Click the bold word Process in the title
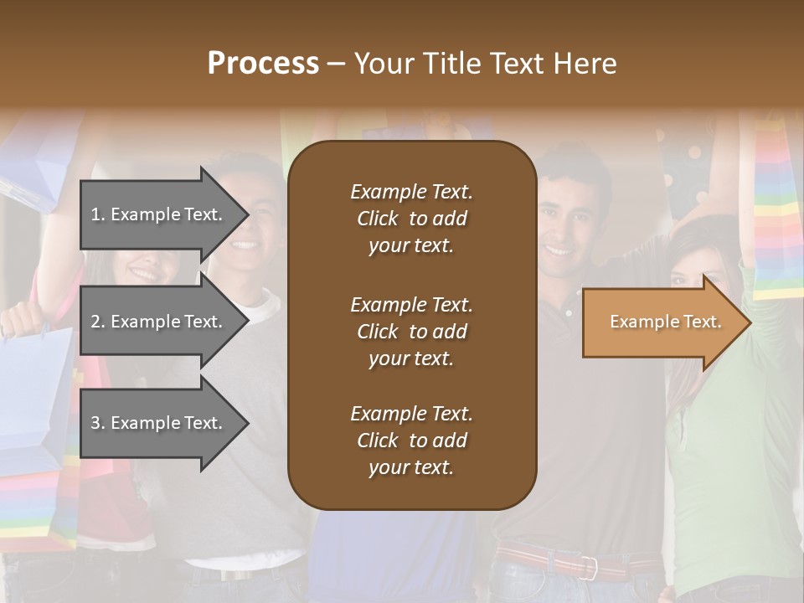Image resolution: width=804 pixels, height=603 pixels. [263, 64]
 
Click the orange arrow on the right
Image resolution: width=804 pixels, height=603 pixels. [662, 322]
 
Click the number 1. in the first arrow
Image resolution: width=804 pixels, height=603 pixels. [98, 214]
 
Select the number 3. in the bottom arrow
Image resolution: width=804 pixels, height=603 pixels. [98, 423]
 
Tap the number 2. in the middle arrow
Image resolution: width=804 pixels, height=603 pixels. [98, 322]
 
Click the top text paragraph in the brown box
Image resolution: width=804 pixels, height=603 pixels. [411, 219]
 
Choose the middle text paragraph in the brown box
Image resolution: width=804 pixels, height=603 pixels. [411, 332]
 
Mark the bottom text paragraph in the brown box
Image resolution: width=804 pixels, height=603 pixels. [411, 441]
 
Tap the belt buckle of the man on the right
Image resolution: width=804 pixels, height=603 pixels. [590, 567]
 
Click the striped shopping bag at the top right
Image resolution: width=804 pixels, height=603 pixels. [776, 209]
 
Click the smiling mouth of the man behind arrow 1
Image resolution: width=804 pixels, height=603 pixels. [245, 245]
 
